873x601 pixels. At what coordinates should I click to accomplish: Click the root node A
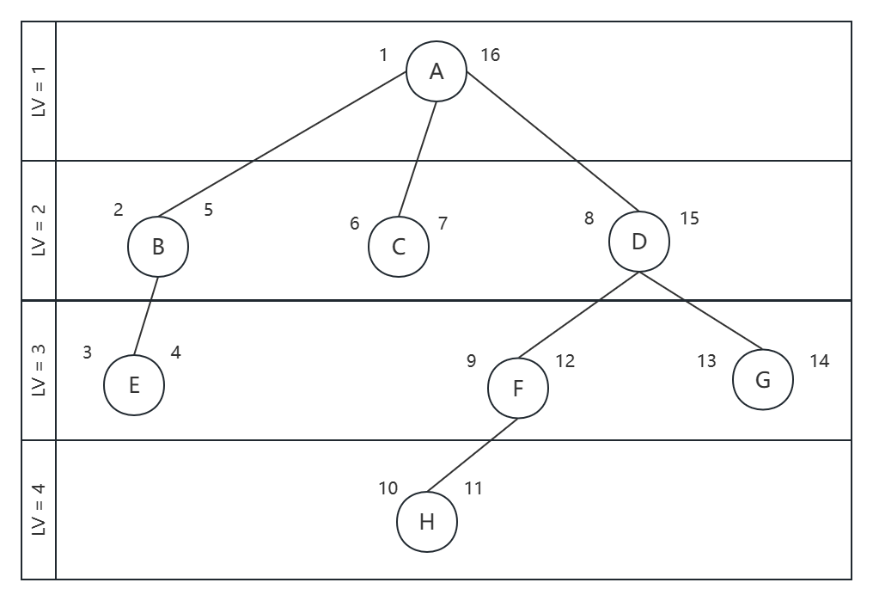tap(436, 72)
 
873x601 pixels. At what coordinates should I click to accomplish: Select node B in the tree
tap(158, 247)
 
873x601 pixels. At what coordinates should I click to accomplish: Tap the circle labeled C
tap(399, 247)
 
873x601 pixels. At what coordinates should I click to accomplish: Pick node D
tap(639, 242)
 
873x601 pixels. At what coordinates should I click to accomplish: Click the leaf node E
tap(134, 385)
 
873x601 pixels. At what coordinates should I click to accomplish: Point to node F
tap(518, 389)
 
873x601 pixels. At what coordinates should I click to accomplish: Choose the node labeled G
tap(763, 380)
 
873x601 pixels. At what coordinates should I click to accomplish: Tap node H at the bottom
tap(427, 521)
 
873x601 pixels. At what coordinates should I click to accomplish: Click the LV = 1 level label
tap(39, 91)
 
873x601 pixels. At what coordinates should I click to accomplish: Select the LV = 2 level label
tap(39, 230)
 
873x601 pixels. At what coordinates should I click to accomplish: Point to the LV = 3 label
tap(39, 370)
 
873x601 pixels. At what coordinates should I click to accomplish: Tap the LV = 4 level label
tap(39, 509)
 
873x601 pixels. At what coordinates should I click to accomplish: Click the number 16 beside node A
tap(490, 55)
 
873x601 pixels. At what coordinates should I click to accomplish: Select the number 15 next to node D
tap(689, 218)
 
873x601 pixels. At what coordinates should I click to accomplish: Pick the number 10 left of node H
tap(388, 488)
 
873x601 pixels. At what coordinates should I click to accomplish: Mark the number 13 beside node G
tap(706, 361)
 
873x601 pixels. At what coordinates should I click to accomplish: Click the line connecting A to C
tap(418, 159)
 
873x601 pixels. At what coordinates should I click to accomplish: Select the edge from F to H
tap(473, 456)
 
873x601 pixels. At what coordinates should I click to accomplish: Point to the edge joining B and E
tap(146, 316)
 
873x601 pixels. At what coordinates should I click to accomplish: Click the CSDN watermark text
tap(778, 586)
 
